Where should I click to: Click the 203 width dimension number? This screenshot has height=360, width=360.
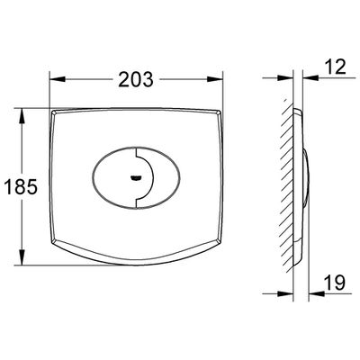tap(136, 79)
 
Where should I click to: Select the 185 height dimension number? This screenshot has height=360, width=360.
tap(21, 187)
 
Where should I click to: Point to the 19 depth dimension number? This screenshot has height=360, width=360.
tap(335, 282)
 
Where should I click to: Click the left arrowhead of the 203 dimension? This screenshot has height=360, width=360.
tap(58, 79)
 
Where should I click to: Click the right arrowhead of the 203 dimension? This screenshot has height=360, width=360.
tap(215, 79)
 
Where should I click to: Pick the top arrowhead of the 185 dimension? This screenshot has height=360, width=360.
tap(22, 116)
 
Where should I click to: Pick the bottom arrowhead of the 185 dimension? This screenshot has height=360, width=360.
tap(22, 257)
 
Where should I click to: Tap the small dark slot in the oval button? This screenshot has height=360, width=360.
tap(136, 178)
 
